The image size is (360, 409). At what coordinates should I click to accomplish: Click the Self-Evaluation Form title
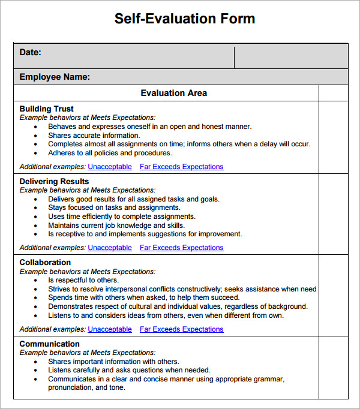(184, 19)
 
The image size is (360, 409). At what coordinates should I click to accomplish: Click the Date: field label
(30, 52)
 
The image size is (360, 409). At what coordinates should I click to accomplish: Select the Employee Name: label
(55, 77)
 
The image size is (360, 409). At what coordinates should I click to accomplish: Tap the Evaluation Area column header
(173, 93)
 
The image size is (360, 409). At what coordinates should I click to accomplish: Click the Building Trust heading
(47, 109)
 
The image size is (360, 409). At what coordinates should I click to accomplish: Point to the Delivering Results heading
(54, 181)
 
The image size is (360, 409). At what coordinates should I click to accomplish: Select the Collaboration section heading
(45, 262)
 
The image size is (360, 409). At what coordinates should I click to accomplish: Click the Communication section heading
(49, 344)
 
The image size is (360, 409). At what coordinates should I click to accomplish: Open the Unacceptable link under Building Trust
(110, 167)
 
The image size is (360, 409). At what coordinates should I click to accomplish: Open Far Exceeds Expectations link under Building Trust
(181, 167)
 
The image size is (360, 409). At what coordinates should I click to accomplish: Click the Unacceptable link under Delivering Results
(110, 248)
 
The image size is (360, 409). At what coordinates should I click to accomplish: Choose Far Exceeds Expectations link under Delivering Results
(181, 248)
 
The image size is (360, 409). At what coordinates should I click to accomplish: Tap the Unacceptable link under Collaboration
(110, 329)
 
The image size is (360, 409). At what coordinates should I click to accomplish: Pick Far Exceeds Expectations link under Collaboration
(181, 329)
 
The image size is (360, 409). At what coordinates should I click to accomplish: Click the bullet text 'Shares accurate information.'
(94, 136)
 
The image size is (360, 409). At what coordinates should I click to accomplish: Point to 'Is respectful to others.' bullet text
(83, 280)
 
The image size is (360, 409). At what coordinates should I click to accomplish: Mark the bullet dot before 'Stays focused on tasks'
(36, 208)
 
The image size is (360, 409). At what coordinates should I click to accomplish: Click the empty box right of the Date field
(290, 56)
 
